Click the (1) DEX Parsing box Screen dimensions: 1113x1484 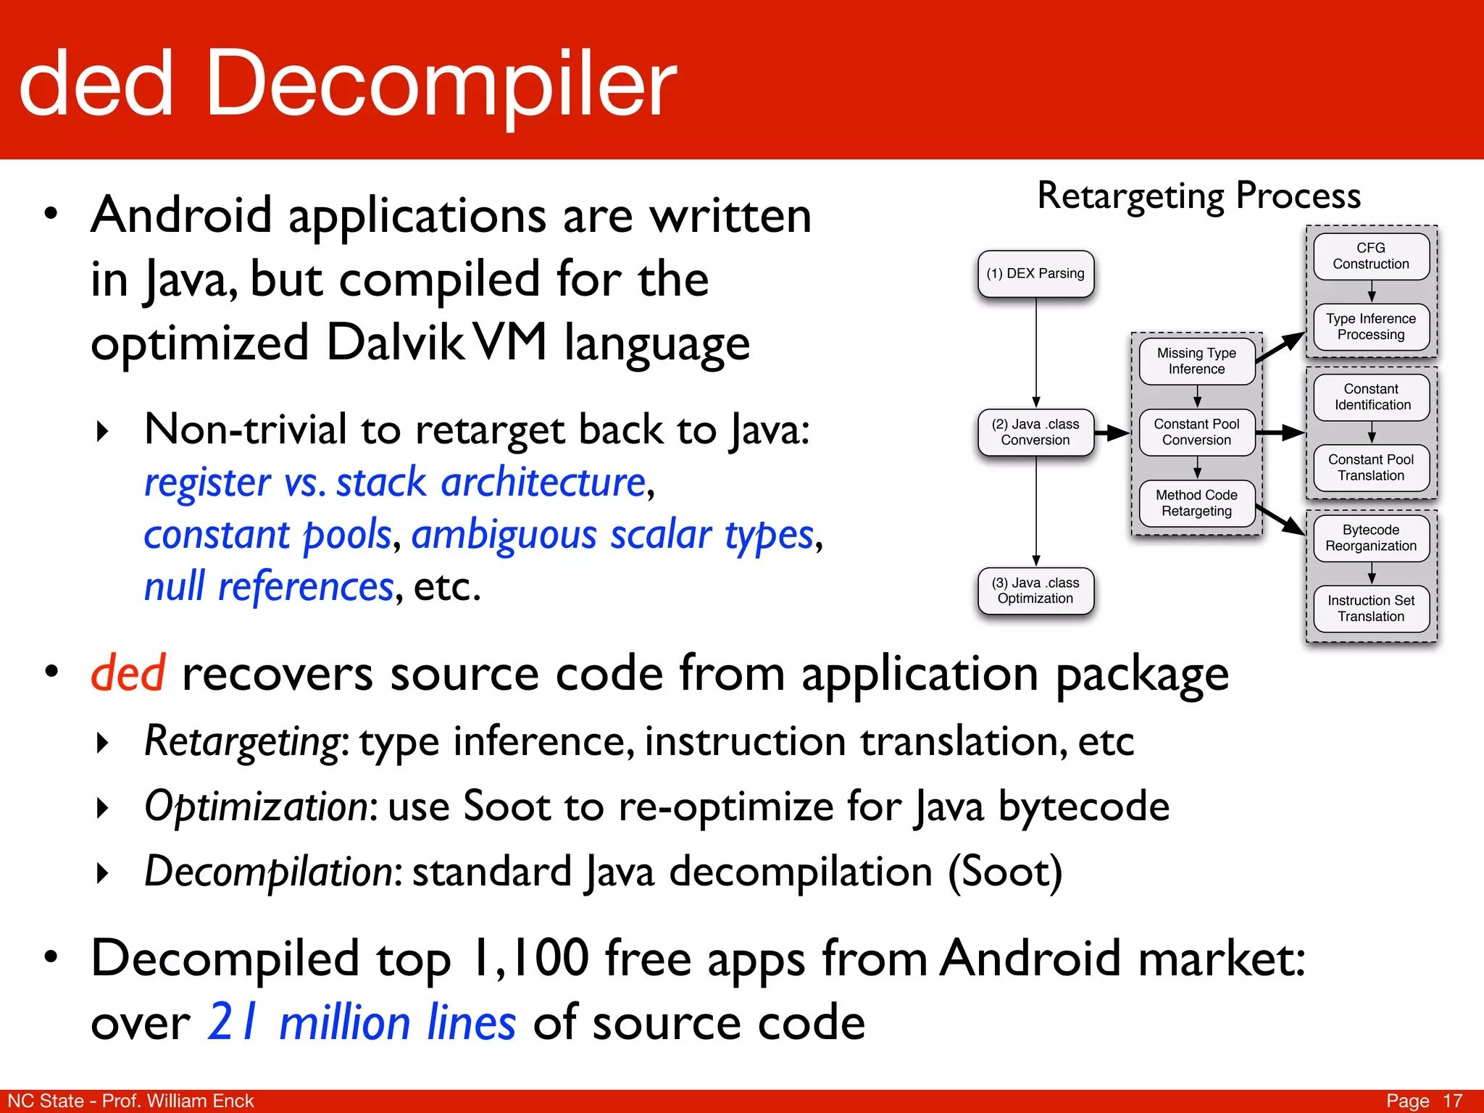[1035, 274]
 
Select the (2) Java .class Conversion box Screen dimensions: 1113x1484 [1035, 433]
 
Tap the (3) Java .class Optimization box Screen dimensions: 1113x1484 [1035, 591]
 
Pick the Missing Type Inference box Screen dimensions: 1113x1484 [1196, 361]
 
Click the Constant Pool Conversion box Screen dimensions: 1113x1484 [1196, 433]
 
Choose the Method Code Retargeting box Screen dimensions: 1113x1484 [1196, 504]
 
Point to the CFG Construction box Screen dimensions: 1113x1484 [1371, 257]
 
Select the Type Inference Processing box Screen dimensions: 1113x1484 [1371, 327]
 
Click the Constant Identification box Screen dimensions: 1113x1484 [1371, 397]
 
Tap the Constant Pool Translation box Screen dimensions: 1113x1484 [1371, 468]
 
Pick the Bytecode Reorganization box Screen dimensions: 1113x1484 [1371, 538]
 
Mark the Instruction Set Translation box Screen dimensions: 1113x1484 [1371, 609]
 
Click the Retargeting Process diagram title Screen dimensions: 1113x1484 [1199, 196]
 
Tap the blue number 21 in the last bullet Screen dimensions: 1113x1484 [232, 1022]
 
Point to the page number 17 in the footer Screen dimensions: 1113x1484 [1452, 1101]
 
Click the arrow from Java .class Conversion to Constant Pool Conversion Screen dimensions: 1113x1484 [1112, 433]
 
